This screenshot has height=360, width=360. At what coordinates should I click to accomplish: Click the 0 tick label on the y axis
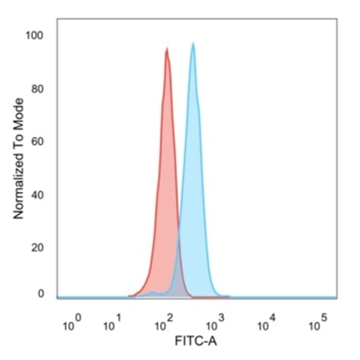pyautogui.click(x=41, y=294)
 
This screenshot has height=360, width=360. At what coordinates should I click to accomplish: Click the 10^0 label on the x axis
pyautogui.click(x=72, y=324)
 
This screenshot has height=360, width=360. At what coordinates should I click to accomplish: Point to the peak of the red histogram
pyautogui.click(x=167, y=49)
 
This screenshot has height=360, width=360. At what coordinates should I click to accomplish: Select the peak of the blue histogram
pyautogui.click(x=193, y=44)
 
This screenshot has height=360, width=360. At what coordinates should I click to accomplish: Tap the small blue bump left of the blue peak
pyautogui.click(x=152, y=293)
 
